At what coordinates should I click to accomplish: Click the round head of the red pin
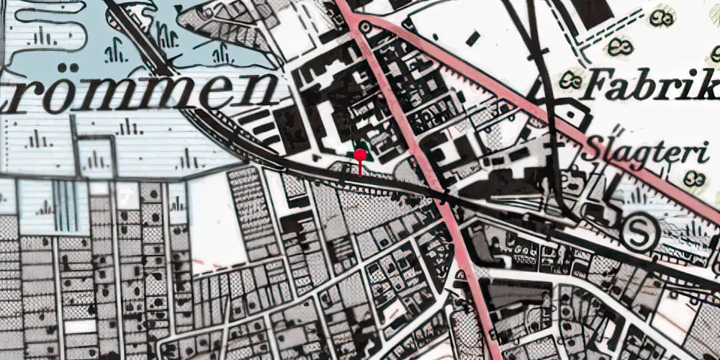tap(360, 154)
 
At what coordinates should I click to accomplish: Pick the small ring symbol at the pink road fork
tap(364, 27)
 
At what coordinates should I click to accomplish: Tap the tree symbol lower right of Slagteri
tap(693, 178)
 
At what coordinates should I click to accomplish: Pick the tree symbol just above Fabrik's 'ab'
tap(621, 48)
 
